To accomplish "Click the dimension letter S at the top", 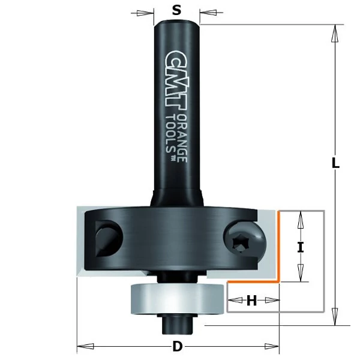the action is pos(176,10).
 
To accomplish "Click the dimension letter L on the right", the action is pos(335,163).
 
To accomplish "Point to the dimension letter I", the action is pos(301,247).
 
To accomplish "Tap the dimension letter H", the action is pos(251,301).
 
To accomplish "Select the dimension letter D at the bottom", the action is pos(177,346).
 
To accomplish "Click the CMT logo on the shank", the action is pos(176,80).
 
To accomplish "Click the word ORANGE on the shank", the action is pos(182,139).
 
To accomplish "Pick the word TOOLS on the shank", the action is pos(170,134).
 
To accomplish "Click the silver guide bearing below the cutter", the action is pos(177,299).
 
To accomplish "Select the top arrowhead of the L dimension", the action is pos(335,33).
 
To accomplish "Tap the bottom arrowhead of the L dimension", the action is pos(335,317).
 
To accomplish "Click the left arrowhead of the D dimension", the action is pos(85,346).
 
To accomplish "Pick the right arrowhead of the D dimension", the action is pos(272,346).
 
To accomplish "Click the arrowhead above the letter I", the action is pos(301,220).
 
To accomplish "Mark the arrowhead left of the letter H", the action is pos(236,300).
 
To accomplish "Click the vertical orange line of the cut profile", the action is pos(279,246).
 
